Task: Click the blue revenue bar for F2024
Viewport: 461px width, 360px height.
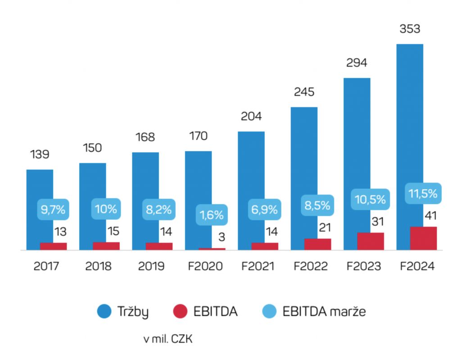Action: [410, 113]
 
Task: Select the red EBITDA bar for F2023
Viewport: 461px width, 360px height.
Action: [371, 241]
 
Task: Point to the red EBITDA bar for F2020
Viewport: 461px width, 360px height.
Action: [212, 249]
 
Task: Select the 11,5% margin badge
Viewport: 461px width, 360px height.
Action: [423, 194]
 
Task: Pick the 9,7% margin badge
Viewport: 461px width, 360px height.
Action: [53, 209]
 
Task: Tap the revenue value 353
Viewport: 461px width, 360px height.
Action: [410, 29]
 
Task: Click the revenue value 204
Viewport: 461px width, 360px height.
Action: [251, 116]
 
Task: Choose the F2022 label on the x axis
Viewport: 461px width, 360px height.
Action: [311, 266]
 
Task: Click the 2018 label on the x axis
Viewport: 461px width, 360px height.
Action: [99, 266]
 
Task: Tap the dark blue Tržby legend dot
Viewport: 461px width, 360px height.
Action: [104, 311]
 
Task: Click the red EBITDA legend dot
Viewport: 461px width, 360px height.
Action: [180, 311]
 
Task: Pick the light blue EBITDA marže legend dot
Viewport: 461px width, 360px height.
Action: [269, 311]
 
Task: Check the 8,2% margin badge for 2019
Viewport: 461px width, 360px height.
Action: [159, 209]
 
